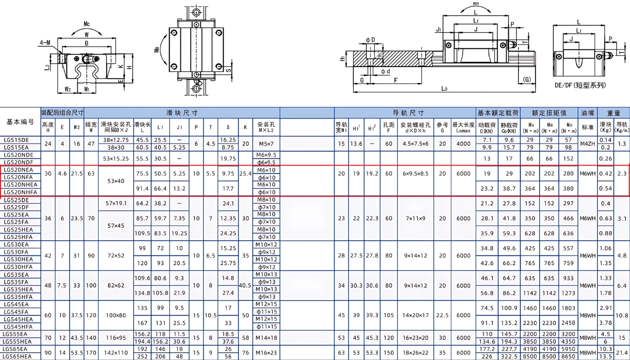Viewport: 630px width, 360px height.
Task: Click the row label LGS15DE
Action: (x=16, y=140)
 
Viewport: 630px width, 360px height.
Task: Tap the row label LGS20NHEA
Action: (x=20, y=184)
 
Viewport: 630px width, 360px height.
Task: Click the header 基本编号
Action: (x=20, y=121)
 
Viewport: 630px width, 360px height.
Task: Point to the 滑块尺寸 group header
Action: (x=182, y=113)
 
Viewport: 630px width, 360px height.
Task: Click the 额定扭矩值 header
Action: (x=549, y=113)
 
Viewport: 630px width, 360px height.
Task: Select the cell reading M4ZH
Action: (x=587, y=144)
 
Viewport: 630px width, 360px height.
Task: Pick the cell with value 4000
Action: (x=463, y=144)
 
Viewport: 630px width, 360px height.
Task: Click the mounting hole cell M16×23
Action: (x=266, y=352)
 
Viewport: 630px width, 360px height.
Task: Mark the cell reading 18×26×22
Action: (x=415, y=352)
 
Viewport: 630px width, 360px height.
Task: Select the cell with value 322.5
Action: (x=509, y=356)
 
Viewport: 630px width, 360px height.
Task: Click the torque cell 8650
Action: (x=568, y=356)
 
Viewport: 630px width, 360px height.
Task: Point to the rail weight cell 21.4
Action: (x=622, y=352)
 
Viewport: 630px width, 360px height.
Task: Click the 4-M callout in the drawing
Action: (x=45, y=43)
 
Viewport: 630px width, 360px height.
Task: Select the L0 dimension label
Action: (x=444, y=89)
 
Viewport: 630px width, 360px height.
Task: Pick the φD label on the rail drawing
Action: (x=370, y=40)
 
